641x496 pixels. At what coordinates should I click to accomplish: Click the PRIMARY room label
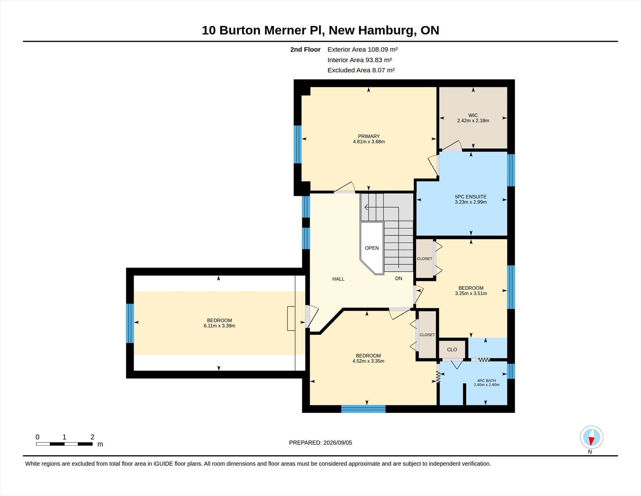[x=369, y=136]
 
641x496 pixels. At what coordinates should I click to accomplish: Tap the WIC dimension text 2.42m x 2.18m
[x=473, y=121]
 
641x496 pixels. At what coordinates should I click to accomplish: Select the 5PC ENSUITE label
[x=471, y=197]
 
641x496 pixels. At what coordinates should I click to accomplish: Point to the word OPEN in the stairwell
[x=372, y=248]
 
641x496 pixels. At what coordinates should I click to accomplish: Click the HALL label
[x=338, y=279]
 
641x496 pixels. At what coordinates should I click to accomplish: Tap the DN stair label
[x=398, y=278]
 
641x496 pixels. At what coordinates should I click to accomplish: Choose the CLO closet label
[x=452, y=349]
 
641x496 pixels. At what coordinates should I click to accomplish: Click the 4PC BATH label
[x=486, y=381]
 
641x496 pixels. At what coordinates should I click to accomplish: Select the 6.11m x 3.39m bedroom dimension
[x=219, y=326]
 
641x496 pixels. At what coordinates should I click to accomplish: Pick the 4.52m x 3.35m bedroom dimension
[x=368, y=361]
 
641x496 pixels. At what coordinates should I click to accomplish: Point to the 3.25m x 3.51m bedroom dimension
[x=471, y=294]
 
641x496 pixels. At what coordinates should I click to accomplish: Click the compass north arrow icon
[x=591, y=437]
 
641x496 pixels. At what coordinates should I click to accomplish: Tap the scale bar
[x=64, y=444]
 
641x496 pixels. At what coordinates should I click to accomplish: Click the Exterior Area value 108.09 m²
[x=383, y=49]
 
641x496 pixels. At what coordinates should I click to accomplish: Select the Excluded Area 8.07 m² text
[x=361, y=70]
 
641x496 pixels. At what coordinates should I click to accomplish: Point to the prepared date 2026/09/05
[x=338, y=443]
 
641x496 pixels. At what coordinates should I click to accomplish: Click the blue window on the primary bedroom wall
[x=297, y=144]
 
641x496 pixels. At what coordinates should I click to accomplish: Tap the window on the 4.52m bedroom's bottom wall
[x=363, y=409]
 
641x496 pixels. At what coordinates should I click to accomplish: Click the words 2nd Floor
[x=305, y=50]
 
